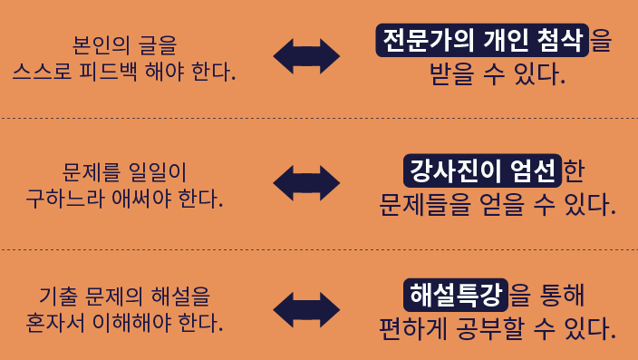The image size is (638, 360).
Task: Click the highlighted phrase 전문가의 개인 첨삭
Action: point(482,40)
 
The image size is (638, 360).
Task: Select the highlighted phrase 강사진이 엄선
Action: point(482,170)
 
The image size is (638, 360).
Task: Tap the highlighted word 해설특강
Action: point(456,295)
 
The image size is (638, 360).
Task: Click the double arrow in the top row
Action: point(306,56)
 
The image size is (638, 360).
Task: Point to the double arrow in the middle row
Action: point(306,183)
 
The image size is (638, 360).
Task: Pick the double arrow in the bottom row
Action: point(306,310)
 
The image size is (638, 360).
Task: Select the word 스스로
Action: point(42,72)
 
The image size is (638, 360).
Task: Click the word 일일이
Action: point(157,172)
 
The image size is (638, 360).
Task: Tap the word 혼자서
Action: point(55,323)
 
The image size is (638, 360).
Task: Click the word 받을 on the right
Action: point(451,73)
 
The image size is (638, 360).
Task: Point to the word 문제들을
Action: point(425,204)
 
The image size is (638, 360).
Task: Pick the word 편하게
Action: point(413,328)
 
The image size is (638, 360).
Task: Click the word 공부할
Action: point(489,328)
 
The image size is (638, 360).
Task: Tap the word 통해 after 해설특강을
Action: point(562,295)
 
